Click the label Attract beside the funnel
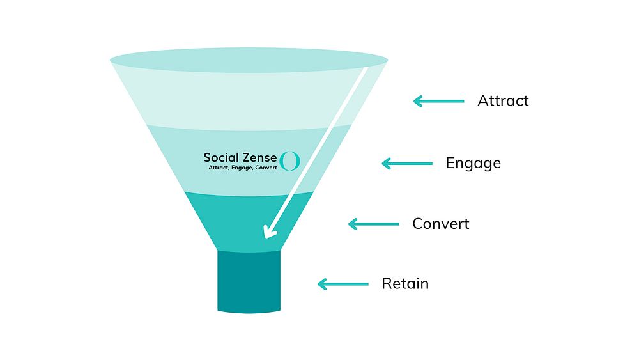tap(503, 100)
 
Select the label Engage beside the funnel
tap(473, 164)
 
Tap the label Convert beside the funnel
tap(440, 223)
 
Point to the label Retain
tap(405, 283)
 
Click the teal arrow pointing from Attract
tap(438, 101)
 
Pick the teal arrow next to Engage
tap(406, 164)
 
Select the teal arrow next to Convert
tap(373, 224)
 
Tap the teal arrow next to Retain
tap(343, 284)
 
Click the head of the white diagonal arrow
tap(269, 232)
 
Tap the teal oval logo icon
tap(289, 160)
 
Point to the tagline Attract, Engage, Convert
tap(242, 168)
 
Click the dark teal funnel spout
tap(249, 281)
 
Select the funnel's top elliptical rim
tap(249, 60)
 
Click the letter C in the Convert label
tap(418, 223)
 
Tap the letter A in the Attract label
tap(483, 100)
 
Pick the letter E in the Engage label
tap(450, 163)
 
